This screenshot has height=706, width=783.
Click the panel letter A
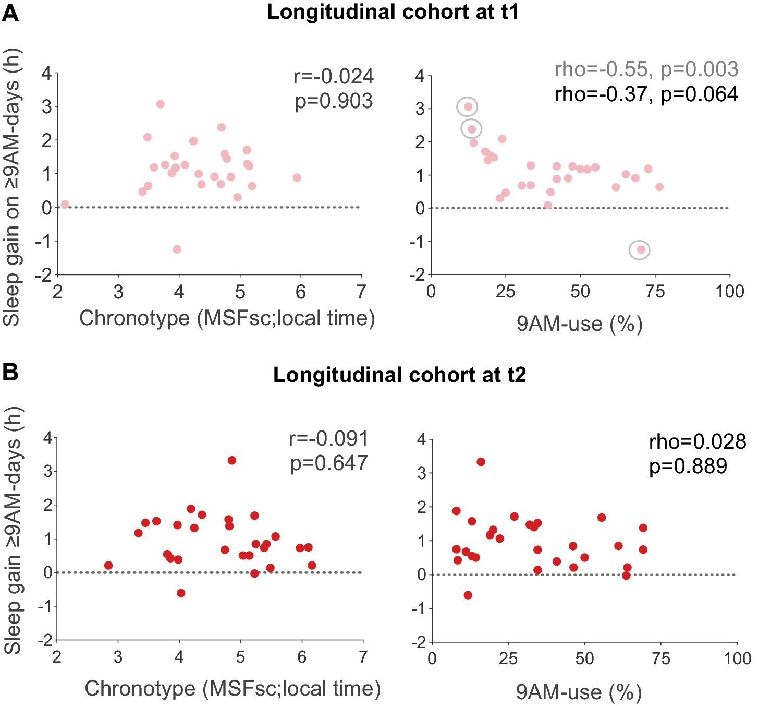[x=10, y=13]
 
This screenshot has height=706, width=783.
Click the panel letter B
[x=10, y=373]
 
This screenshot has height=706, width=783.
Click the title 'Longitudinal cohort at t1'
[x=393, y=12]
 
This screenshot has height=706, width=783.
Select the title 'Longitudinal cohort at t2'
[x=399, y=375]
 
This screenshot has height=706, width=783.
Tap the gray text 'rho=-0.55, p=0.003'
[x=646, y=69]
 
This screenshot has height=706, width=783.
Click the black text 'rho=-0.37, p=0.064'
[x=646, y=94]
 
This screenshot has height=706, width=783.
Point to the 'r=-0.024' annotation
[x=334, y=76]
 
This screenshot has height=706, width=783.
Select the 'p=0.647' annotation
[x=329, y=463]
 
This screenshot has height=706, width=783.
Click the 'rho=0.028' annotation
[x=698, y=441]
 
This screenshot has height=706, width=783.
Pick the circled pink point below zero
[x=641, y=249]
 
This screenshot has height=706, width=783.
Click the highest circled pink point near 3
[x=468, y=106]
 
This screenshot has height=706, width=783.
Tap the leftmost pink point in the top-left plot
[x=65, y=204]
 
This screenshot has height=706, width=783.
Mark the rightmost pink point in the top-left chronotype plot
[x=297, y=177]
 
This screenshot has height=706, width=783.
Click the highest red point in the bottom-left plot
[x=232, y=460]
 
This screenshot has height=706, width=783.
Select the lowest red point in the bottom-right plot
[x=468, y=595]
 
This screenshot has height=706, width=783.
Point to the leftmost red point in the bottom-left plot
[x=108, y=565]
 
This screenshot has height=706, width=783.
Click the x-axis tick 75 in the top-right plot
[x=655, y=292]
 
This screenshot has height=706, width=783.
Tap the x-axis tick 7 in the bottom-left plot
[x=363, y=656]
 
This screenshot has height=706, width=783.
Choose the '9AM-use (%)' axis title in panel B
[x=579, y=692]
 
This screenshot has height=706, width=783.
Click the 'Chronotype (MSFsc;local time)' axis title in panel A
[x=227, y=318]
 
